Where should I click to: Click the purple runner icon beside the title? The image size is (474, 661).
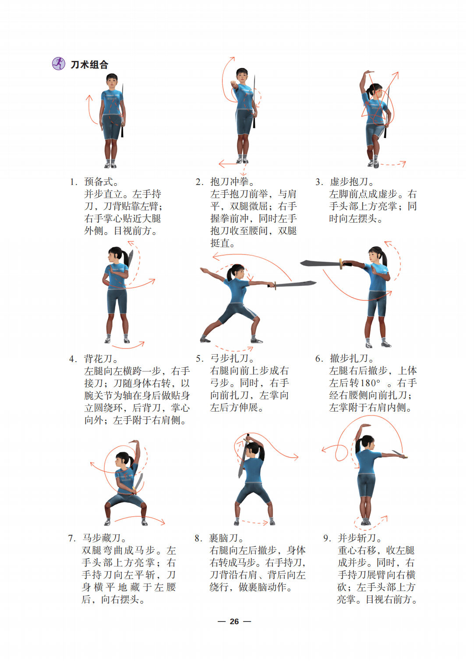(58, 64)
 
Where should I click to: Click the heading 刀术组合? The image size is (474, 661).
(89, 64)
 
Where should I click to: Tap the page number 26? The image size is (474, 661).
(234, 621)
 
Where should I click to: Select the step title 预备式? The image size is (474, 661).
(99, 181)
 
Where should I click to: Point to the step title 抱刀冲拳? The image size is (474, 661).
(230, 181)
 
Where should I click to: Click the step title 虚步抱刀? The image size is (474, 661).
(349, 181)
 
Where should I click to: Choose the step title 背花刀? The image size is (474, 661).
(99, 359)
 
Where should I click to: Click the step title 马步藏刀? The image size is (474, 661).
(102, 538)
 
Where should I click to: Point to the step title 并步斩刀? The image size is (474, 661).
(357, 538)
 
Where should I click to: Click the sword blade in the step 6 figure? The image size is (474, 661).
(320, 263)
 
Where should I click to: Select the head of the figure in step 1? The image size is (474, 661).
(112, 81)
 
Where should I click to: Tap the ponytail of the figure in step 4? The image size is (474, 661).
(126, 258)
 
